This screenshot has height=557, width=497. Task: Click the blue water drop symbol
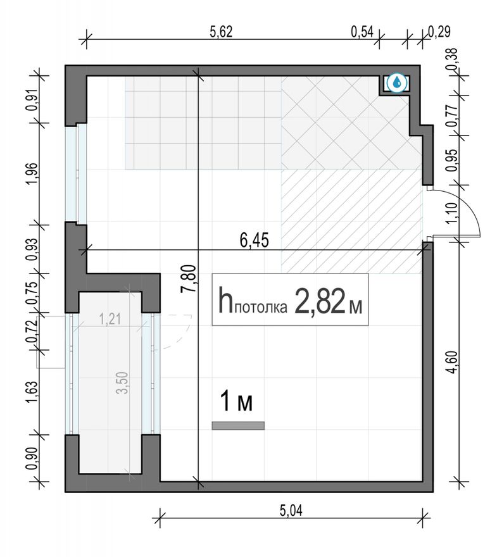point(397,83)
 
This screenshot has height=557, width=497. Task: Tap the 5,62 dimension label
point(221,32)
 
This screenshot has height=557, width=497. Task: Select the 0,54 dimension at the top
point(362,32)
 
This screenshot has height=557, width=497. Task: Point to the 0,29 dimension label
point(439,32)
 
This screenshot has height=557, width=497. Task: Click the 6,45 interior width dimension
point(254,241)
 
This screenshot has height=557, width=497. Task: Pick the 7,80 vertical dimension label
point(188,279)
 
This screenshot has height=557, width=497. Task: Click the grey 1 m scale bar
point(238,425)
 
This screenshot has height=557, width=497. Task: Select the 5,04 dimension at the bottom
point(291,511)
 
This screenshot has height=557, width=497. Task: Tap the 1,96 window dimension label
point(32,173)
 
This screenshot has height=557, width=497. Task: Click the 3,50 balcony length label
point(122,382)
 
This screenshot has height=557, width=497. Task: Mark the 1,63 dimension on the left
point(32,392)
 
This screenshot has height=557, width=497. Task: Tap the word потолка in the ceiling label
point(261,308)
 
